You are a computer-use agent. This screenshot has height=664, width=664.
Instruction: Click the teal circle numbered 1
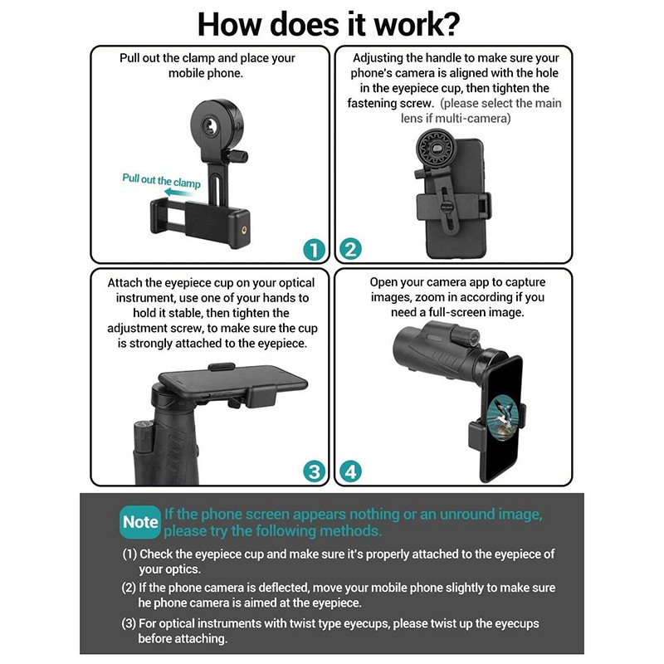314,250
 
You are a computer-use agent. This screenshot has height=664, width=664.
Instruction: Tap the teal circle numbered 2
350,249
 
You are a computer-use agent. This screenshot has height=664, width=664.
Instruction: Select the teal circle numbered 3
315,471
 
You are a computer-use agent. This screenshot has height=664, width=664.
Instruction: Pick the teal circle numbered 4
350,471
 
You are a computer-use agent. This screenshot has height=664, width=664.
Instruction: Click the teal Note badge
140,522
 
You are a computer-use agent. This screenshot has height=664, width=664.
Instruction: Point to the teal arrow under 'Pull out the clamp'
179,193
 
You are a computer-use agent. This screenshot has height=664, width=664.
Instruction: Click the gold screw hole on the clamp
244,231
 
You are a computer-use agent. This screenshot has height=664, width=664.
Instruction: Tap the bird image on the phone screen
503,418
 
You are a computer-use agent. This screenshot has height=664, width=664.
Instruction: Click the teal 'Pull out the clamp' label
161,180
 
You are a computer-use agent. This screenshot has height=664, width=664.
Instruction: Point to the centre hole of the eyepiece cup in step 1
208,125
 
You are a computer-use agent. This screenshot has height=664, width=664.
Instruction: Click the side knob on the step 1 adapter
237,156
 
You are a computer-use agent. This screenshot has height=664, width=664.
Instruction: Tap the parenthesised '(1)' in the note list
129,554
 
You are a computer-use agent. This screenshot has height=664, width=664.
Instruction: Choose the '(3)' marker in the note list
129,623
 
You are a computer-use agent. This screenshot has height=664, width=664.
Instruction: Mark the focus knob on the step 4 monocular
465,336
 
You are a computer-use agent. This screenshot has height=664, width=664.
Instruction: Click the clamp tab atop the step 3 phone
222,366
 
